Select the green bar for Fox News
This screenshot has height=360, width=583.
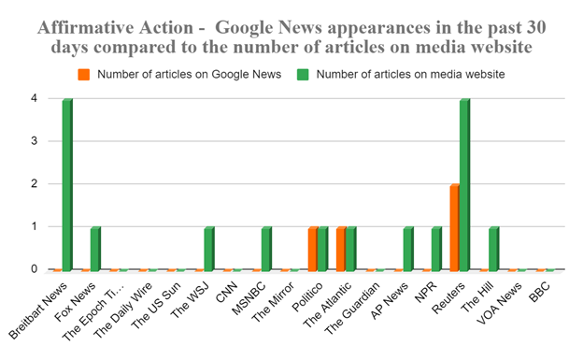(95, 249)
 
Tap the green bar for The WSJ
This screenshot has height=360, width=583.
(209, 249)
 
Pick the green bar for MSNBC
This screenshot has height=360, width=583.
(266, 249)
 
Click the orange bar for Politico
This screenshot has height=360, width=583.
(313, 249)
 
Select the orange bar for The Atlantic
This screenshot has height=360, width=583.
(341, 249)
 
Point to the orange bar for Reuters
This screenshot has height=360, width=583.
(455, 227)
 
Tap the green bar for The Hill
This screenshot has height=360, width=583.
(493, 249)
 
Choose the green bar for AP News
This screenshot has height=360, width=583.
(408, 249)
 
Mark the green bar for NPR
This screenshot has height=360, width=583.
(436, 249)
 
